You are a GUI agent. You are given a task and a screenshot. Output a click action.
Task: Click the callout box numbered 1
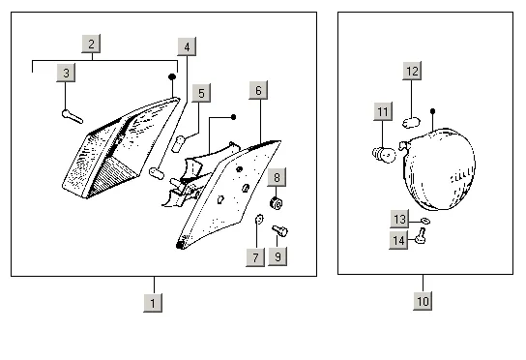[x=153, y=303]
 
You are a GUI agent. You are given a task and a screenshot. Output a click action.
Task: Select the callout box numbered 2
[x=91, y=44]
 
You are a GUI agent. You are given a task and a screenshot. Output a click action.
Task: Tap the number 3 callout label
[x=66, y=73]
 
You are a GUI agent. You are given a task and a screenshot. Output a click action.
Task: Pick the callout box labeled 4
[x=187, y=46]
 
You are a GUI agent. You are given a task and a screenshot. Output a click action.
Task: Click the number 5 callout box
[x=201, y=93]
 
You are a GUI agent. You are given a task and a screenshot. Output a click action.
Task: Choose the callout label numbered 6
[x=258, y=90]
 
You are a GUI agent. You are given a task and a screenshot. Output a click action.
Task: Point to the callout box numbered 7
[x=255, y=257]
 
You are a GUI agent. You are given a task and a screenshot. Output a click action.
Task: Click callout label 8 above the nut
[x=277, y=177]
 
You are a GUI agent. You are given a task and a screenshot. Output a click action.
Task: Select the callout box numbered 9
[x=278, y=256]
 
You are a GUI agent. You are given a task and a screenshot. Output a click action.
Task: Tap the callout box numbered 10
[x=423, y=301]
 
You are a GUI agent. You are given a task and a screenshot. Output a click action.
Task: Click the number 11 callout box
[x=383, y=111]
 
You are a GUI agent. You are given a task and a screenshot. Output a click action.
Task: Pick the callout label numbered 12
[x=412, y=71]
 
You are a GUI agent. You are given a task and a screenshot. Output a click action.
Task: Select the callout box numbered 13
[x=399, y=219]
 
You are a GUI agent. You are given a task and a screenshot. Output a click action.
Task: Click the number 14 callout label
[x=398, y=240]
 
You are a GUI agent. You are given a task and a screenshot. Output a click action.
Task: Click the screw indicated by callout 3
[x=73, y=116]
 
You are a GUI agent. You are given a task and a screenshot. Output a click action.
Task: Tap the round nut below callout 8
[x=277, y=203]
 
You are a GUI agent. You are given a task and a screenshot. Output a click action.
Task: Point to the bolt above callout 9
[x=280, y=230]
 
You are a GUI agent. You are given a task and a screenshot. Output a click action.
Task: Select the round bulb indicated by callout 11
[x=384, y=155]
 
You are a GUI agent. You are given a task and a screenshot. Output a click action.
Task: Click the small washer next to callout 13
[x=425, y=221]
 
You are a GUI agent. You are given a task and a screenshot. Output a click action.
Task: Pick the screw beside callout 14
[x=421, y=235]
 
